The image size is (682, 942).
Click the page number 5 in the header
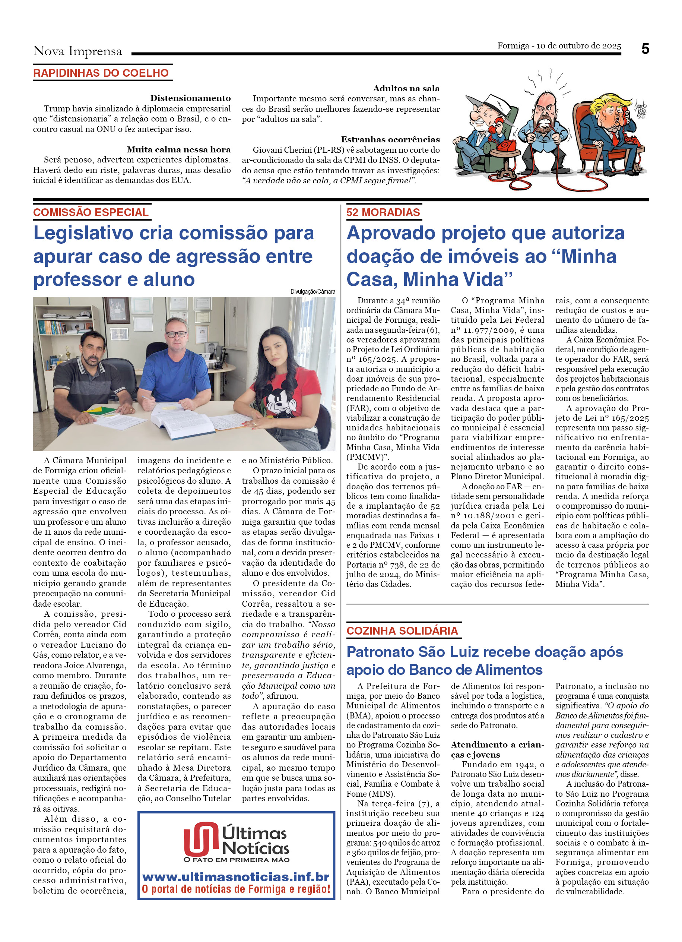(x=645, y=49)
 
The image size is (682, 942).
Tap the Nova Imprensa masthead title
(x=77, y=51)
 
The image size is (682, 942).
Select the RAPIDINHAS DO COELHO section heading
(x=101, y=73)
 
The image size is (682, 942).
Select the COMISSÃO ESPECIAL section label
(x=91, y=212)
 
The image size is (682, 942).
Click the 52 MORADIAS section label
(x=383, y=212)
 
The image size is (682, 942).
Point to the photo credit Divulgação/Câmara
(x=313, y=291)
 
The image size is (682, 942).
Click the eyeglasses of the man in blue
(x=177, y=334)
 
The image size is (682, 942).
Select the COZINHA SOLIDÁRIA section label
(x=402, y=631)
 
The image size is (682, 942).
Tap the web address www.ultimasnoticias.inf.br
(x=236, y=877)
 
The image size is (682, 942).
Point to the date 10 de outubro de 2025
(x=579, y=46)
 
